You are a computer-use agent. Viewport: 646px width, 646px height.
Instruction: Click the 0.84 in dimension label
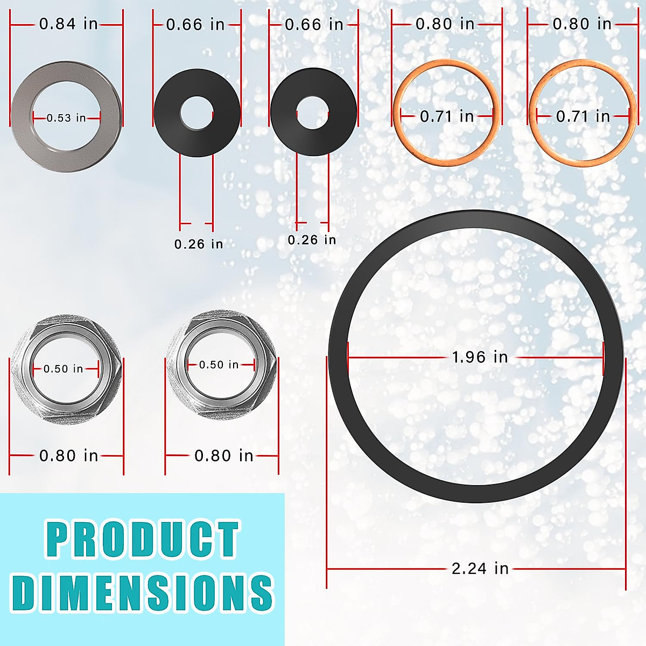click(x=68, y=24)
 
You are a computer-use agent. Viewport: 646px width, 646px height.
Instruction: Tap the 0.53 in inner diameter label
click(x=66, y=118)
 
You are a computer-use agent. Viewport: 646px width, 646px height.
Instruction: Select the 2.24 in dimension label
click(x=480, y=568)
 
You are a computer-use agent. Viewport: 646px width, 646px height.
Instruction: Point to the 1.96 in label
click(x=480, y=357)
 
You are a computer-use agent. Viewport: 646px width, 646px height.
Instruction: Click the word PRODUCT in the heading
click(x=142, y=539)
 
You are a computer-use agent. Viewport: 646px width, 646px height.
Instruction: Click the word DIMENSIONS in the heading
click(x=142, y=592)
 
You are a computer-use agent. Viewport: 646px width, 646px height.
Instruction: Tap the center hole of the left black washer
click(x=196, y=113)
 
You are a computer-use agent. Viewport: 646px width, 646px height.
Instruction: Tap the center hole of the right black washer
click(x=312, y=113)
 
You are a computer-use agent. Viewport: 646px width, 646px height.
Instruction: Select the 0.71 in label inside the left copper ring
click(x=447, y=116)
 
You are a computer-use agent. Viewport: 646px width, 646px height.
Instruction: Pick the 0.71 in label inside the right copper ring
click(x=583, y=116)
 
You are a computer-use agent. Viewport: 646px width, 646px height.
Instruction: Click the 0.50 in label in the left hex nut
click(x=64, y=369)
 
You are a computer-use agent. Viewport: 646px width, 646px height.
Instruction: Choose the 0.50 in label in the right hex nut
click(x=219, y=365)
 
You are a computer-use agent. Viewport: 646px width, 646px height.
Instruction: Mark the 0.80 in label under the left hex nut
click(x=68, y=456)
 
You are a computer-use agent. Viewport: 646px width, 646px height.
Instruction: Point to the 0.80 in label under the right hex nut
click(x=223, y=456)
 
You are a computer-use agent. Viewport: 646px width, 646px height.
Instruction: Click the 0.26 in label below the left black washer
click(x=198, y=244)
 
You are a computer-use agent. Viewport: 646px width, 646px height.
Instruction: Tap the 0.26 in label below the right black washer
click(x=312, y=240)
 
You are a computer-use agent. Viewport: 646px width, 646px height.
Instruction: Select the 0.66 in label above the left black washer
click(x=195, y=25)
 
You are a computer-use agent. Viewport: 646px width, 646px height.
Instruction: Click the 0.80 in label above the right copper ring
click(x=582, y=24)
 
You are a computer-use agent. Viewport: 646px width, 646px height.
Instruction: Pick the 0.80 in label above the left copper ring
click(x=445, y=24)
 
